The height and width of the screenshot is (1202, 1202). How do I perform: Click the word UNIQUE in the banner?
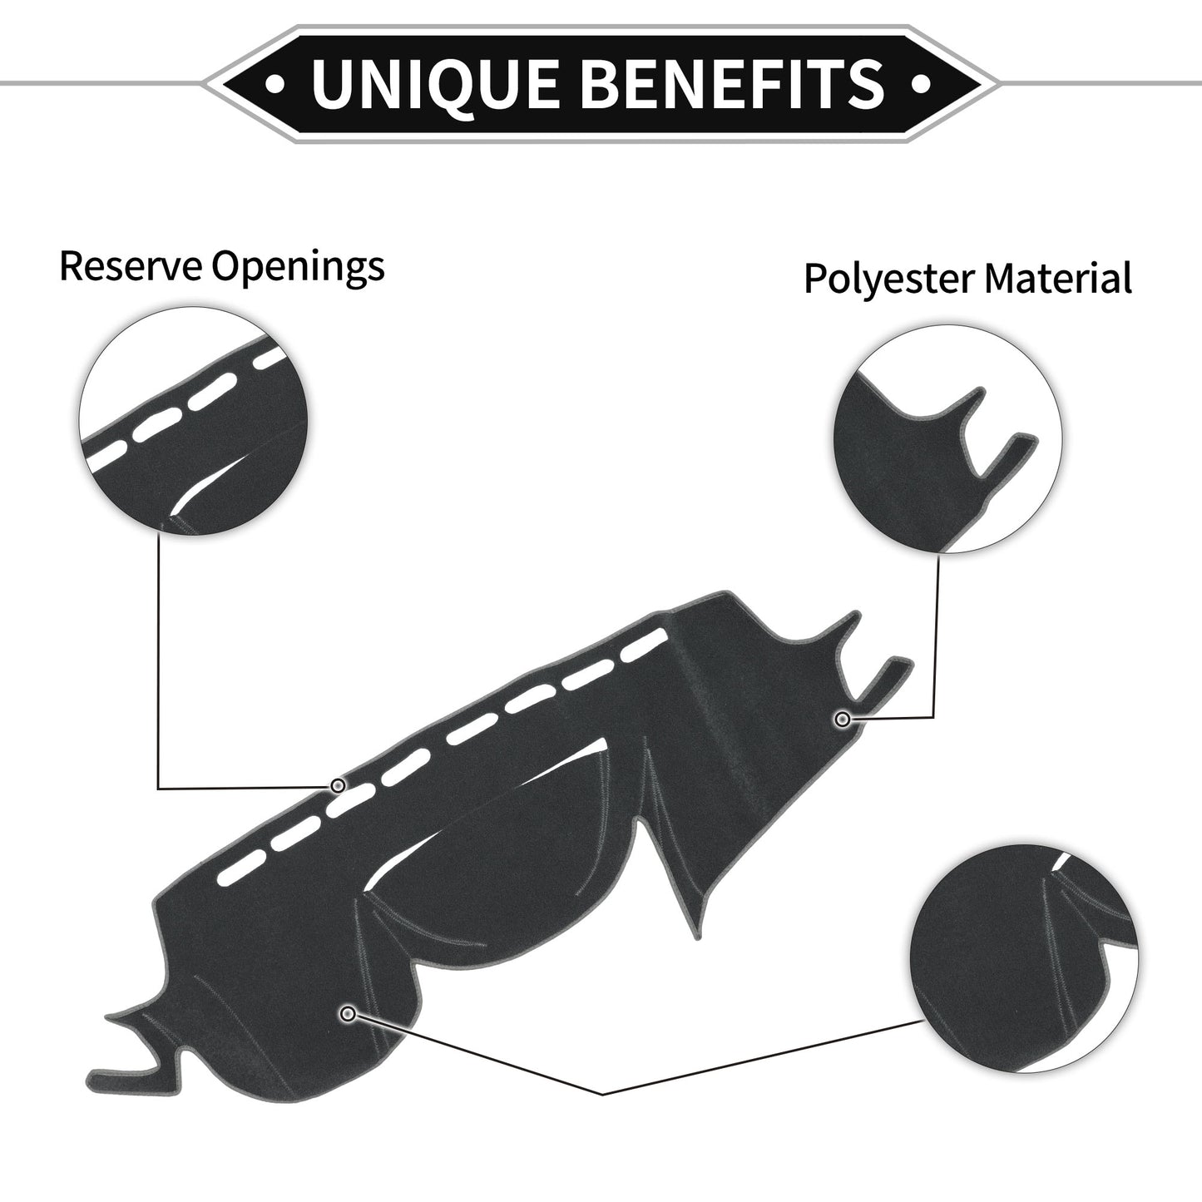435,83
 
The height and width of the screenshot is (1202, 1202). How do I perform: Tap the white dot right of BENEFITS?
922,83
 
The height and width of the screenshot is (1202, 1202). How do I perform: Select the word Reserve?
131,266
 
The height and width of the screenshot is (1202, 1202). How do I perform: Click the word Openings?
298,268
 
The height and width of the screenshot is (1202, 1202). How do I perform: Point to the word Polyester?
888,279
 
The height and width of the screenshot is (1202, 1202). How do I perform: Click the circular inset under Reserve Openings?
193,422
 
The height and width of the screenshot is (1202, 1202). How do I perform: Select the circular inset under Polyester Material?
948,438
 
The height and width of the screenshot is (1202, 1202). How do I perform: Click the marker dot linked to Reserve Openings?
338,785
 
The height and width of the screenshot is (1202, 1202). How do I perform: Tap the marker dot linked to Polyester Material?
843,720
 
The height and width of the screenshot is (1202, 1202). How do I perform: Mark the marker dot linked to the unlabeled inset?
349,1014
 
